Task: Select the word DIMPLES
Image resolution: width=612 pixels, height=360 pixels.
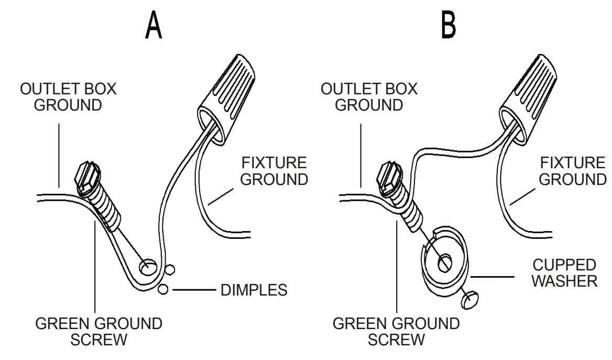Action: click(252, 289)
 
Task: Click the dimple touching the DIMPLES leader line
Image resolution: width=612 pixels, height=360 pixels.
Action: click(164, 289)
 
